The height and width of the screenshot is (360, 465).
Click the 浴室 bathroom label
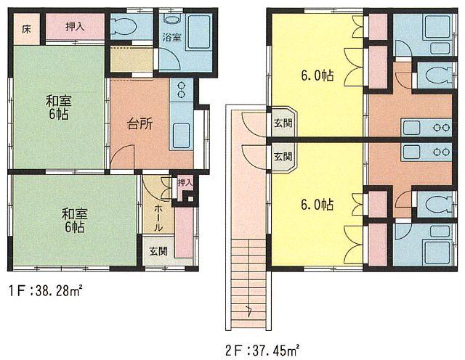[171, 36]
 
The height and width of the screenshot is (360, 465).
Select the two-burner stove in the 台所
[179, 90]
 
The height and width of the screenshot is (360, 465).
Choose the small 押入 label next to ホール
[185, 182]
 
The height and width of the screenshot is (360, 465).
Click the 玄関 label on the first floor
[158, 252]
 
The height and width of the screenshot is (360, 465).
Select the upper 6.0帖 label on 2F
[317, 75]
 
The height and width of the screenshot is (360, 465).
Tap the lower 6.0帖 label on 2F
[317, 205]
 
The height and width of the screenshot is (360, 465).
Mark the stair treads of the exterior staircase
[248, 276]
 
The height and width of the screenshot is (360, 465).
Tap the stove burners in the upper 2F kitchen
[440, 128]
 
